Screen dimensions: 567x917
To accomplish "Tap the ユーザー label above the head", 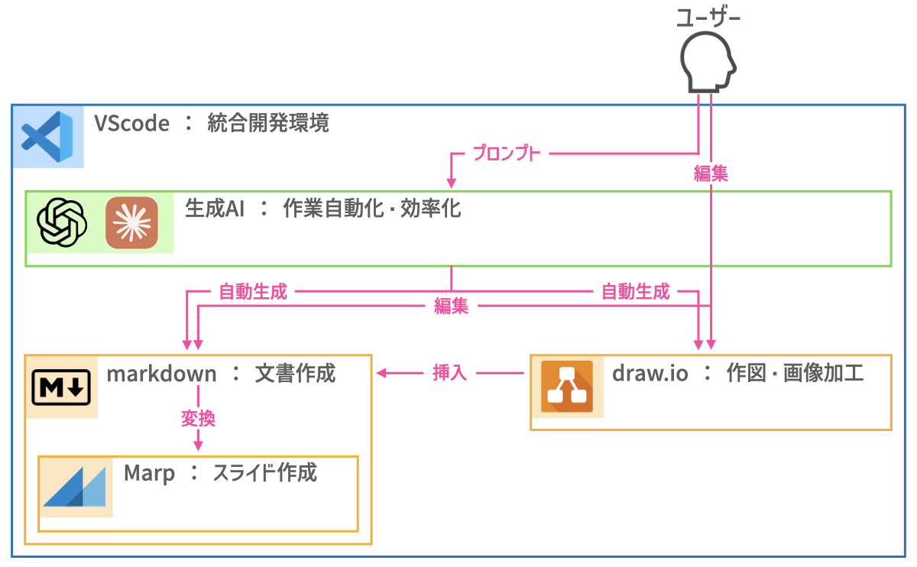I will point(708,18).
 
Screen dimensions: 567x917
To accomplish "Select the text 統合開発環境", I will point(268,124).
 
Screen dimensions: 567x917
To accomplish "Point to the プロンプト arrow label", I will point(507,154).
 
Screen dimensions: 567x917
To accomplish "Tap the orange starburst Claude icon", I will point(131,222).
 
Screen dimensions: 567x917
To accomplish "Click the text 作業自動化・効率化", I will point(372,209).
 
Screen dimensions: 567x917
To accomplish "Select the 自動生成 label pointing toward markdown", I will point(253,291).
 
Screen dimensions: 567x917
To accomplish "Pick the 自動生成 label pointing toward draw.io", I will point(635,291).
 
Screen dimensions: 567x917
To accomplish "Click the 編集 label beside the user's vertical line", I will point(711,173).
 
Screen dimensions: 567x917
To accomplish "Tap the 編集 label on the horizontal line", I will point(451,307).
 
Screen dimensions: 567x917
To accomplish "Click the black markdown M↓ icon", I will point(61,387).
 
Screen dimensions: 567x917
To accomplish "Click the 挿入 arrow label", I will point(450,374).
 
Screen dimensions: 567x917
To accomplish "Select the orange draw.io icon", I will point(566,386).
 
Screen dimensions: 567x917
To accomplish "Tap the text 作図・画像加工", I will point(795,374).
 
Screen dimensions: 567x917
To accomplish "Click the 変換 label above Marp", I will point(198,418).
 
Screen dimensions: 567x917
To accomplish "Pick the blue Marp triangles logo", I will point(74,486).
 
